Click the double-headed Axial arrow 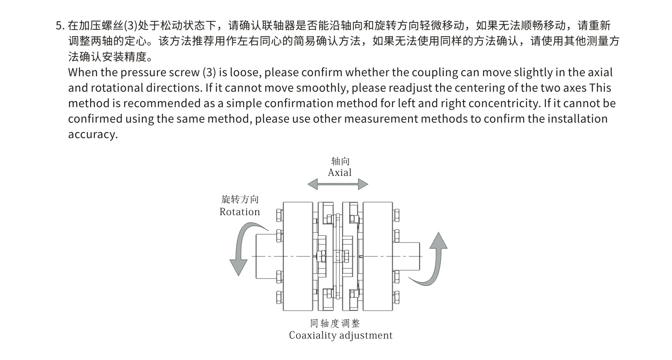pos(338,184)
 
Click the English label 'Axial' pos(340,173)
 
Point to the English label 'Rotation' pos(240,212)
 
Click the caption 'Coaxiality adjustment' pos(341,335)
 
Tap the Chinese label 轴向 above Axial pos(340,161)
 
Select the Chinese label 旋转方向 pos(240,199)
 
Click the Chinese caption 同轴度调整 pos(335,323)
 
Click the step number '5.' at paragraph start pos(60,26)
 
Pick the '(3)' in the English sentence pos(209,73)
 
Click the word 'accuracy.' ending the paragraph pos(93,135)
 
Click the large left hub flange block pos(298,256)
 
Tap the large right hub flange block pos(377,256)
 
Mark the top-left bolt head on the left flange pos(279,215)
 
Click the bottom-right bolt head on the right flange pos(396,297)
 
